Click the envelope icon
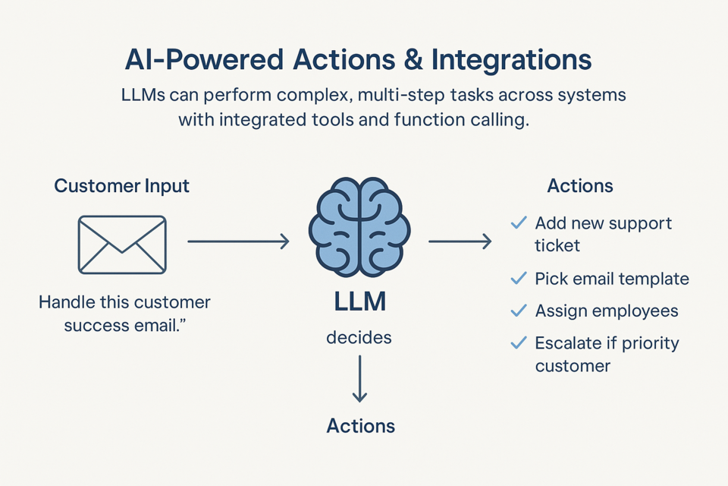(x=122, y=244)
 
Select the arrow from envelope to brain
(x=238, y=241)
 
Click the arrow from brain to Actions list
(x=460, y=241)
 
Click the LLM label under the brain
(x=359, y=302)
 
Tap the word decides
(x=359, y=337)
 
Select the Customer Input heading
(x=121, y=186)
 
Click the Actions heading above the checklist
(x=579, y=186)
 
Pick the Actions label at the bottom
(x=360, y=425)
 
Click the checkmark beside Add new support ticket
(x=519, y=223)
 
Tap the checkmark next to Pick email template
(x=519, y=279)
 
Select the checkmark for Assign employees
(x=519, y=311)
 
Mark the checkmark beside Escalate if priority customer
(x=519, y=343)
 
